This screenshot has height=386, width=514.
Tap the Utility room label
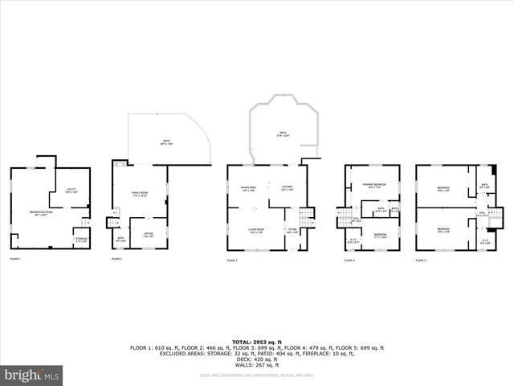click(x=71, y=191)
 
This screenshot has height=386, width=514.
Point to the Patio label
click(x=165, y=142)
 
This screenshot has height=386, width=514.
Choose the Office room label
click(x=148, y=234)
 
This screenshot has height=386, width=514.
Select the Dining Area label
click(x=248, y=189)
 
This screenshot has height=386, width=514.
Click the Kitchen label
click(x=288, y=189)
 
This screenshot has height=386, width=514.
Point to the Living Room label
click(x=256, y=230)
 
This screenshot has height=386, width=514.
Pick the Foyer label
click(x=292, y=231)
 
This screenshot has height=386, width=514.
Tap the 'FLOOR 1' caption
click(x=15, y=259)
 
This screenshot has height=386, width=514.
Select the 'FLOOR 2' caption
click(x=116, y=259)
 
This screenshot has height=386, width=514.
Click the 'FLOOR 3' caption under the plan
click(x=232, y=261)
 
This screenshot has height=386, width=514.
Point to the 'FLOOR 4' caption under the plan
click(x=349, y=261)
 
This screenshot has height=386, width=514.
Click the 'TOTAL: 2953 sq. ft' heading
click(x=256, y=342)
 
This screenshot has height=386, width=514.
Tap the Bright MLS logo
click(x=32, y=374)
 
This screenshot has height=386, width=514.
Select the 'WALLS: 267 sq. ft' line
click(x=256, y=363)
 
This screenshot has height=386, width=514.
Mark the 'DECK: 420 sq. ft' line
click(x=256, y=358)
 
